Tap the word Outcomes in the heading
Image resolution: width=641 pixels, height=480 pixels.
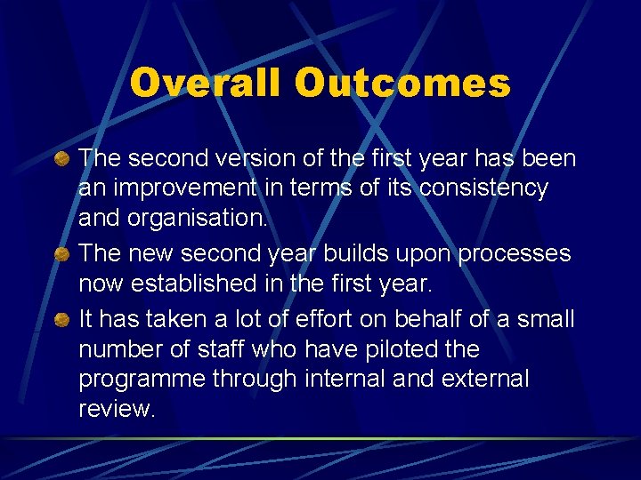click(x=402, y=84)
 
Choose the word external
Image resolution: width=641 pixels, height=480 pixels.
click(x=478, y=379)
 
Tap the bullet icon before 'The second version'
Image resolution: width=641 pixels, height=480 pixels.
click(x=60, y=159)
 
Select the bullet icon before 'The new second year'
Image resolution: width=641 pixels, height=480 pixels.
click(x=60, y=255)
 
